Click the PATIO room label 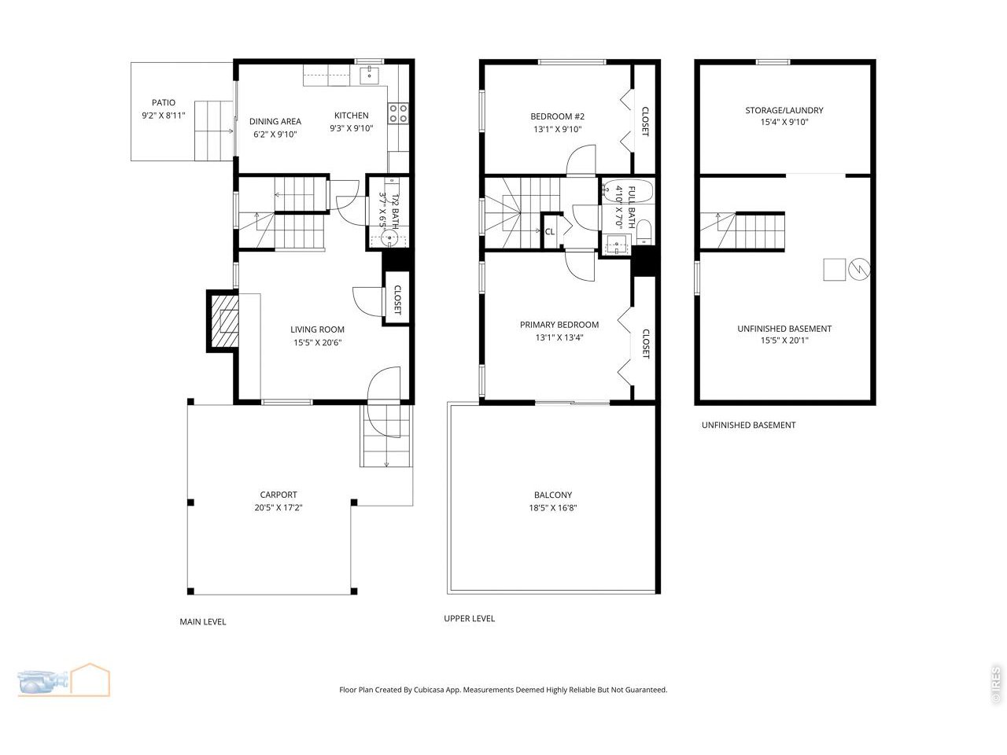click(164, 102)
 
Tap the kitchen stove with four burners click(398, 113)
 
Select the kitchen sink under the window click(369, 75)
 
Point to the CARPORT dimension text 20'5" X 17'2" click(278, 508)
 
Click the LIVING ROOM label click(317, 330)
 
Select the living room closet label click(397, 299)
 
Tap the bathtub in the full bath click(626, 192)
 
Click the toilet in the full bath click(643, 229)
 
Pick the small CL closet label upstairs click(550, 231)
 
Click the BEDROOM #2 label click(557, 116)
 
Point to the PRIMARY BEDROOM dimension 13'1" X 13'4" click(559, 337)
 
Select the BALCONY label click(553, 495)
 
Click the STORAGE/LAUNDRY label click(784, 110)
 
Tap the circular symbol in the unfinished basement click(861, 270)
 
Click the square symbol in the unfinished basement click(834, 270)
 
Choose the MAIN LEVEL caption click(203, 622)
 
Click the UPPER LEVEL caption click(470, 619)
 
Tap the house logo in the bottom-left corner click(90, 679)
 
